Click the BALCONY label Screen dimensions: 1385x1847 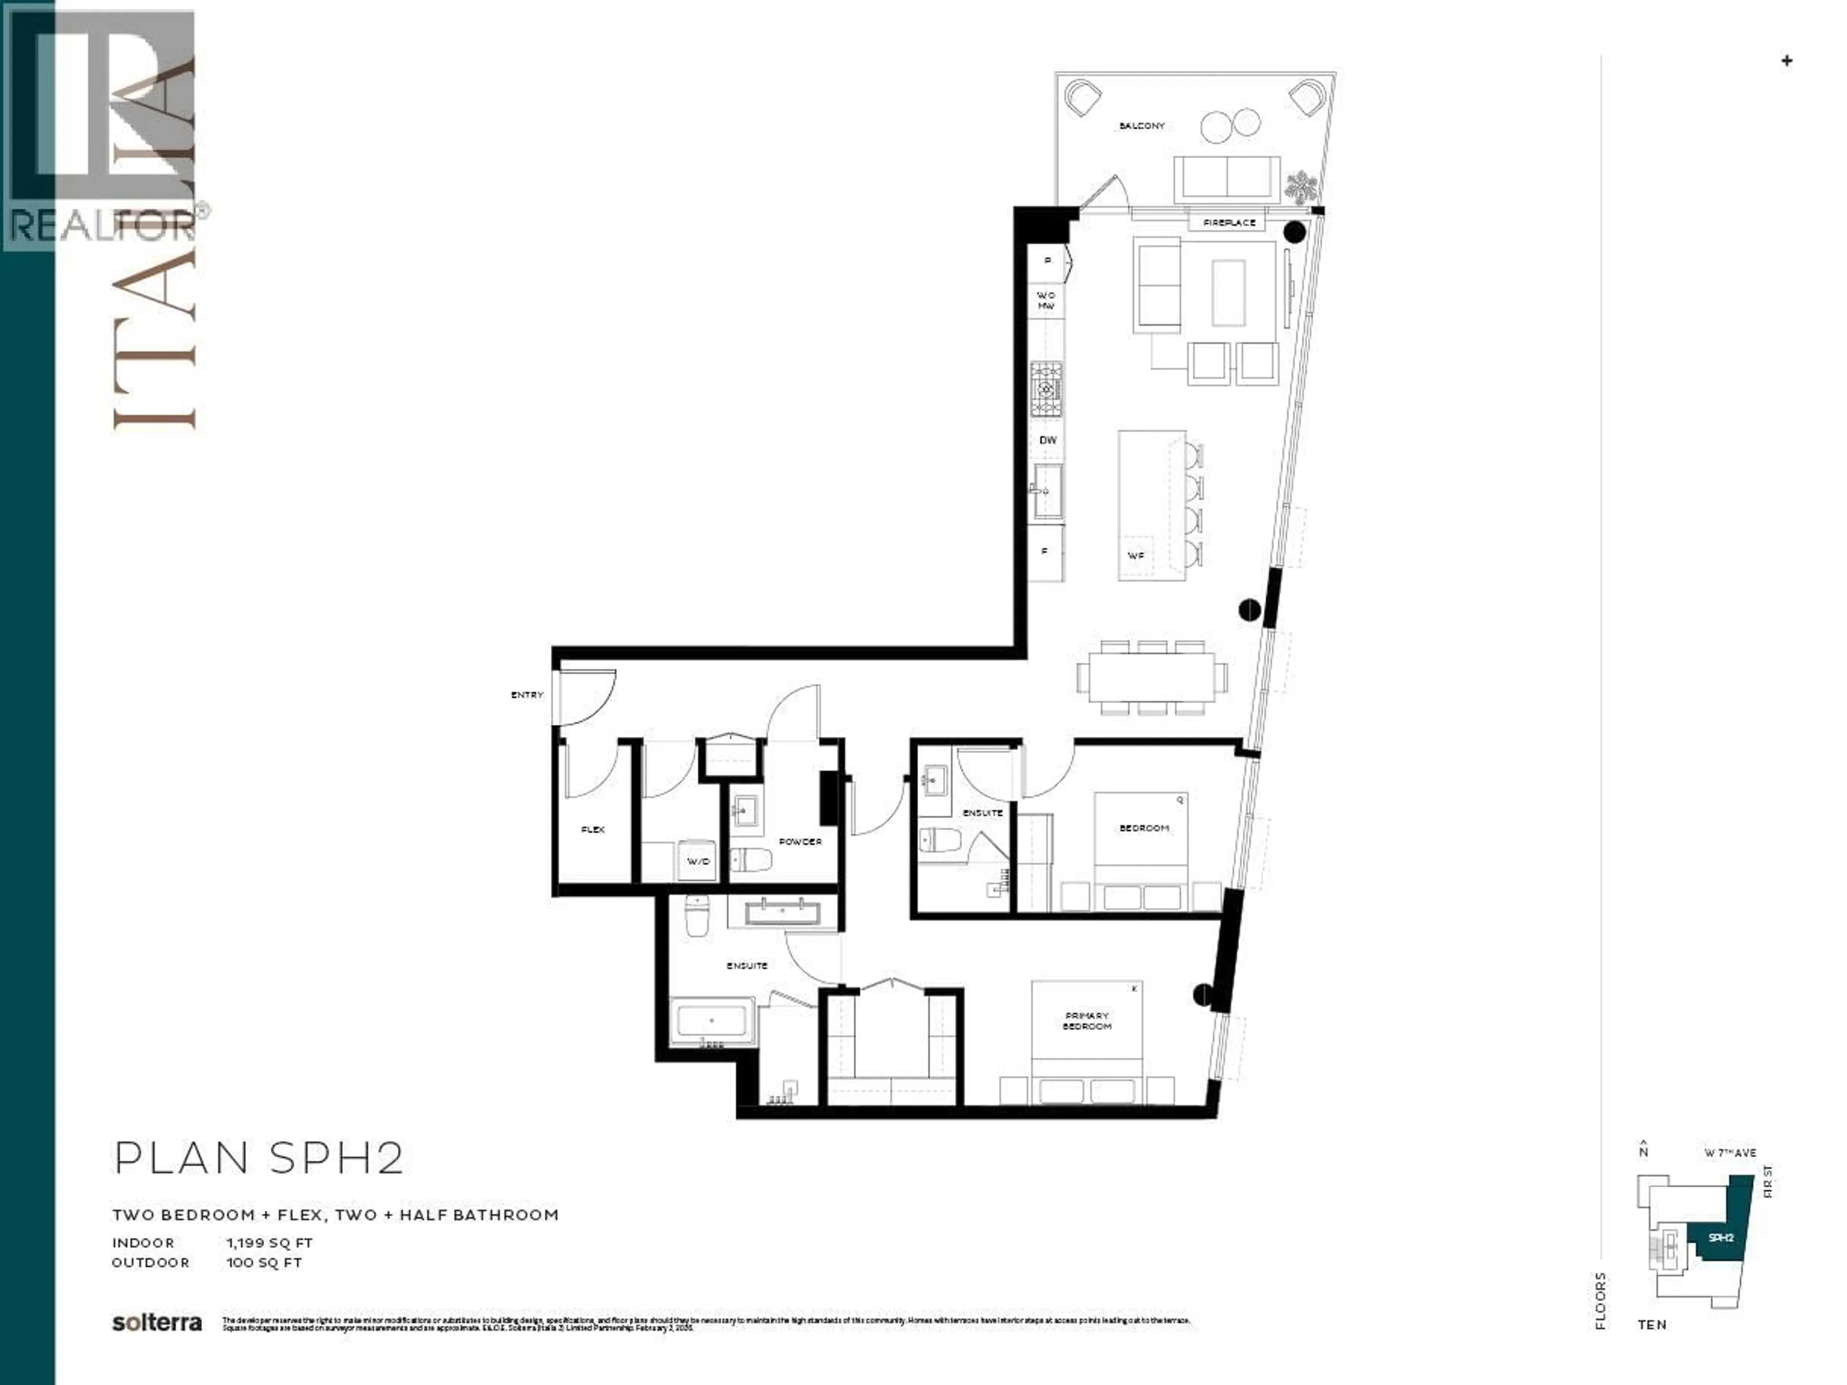pos(1141,126)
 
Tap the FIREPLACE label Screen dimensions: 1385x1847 pos(1229,223)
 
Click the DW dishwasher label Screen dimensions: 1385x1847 pos(1048,440)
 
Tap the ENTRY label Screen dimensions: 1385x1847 pos(527,694)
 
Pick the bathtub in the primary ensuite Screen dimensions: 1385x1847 pos(711,1021)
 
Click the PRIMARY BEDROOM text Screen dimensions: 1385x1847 pos(1087,1021)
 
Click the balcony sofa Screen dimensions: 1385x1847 pos(1227,177)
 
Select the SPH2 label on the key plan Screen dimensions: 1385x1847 pos(1720,1237)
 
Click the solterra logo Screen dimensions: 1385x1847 pos(157,1323)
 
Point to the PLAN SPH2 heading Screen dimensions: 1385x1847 pos(259,1158)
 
